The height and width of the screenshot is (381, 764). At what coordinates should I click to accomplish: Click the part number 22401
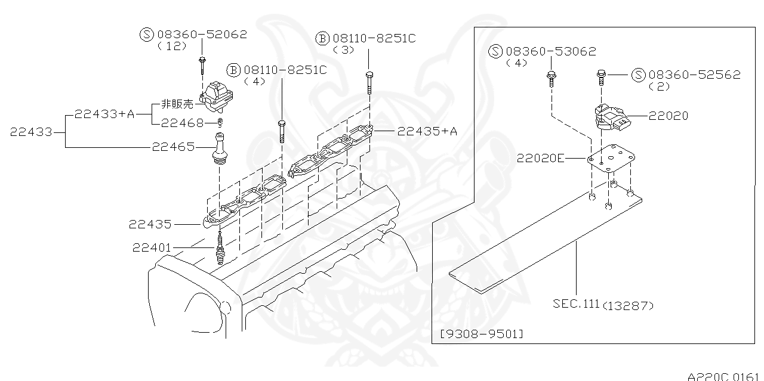point(152,247)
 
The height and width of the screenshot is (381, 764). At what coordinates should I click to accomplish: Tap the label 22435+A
point(427,131)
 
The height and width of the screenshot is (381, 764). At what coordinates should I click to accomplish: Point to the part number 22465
point(172,146)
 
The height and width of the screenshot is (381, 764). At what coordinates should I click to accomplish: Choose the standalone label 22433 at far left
point(30,132)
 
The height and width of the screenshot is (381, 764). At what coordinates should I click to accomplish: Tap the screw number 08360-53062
point(550,51)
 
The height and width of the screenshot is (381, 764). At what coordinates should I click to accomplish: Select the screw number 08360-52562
point(694,75)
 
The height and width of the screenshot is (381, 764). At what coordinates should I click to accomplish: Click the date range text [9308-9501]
point(481,333)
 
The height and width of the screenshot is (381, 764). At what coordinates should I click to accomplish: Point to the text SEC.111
point(575,303)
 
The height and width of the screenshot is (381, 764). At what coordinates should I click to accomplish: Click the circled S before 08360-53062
point(495,51)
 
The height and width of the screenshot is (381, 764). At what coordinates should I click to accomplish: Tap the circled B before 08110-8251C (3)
point(322,39)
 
